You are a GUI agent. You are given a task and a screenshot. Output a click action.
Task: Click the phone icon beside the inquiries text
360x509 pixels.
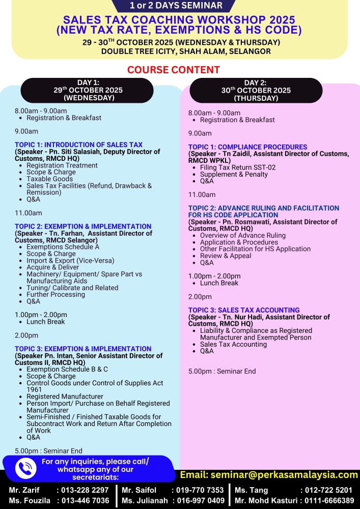[25, 468]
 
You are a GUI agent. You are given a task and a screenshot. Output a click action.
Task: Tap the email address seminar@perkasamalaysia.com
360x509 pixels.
[269, 474]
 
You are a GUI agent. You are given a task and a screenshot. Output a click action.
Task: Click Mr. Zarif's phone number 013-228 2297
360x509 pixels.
[85, 490]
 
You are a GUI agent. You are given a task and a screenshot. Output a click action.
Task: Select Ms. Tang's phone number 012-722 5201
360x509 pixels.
[326, 490]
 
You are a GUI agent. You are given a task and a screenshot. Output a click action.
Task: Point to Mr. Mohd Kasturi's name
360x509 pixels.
[266, 500]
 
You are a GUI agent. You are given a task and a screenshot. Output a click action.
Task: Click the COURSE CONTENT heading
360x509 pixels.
[174, 70]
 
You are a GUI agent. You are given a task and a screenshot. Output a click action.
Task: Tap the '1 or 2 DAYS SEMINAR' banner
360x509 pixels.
[176, 6]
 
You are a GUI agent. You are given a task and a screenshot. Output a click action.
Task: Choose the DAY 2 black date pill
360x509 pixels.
[256, 91]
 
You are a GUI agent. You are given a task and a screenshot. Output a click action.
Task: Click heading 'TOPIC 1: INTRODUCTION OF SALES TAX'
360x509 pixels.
[78, 145]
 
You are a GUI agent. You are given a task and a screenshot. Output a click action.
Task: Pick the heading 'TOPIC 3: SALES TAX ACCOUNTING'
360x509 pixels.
[243, 310]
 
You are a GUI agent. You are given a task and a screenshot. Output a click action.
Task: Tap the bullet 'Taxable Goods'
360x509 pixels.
[49, 179]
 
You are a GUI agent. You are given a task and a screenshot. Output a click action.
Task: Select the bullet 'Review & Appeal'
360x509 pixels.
[225, 256]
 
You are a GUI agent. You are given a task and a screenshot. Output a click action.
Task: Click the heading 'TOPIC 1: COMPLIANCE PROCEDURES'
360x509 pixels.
[247, 147]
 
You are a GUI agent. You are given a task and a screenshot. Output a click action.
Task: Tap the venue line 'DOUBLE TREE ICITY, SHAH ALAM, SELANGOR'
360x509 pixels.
[186, 51]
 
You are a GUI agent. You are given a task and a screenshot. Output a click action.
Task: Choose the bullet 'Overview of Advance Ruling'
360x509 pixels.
[242, 236]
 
